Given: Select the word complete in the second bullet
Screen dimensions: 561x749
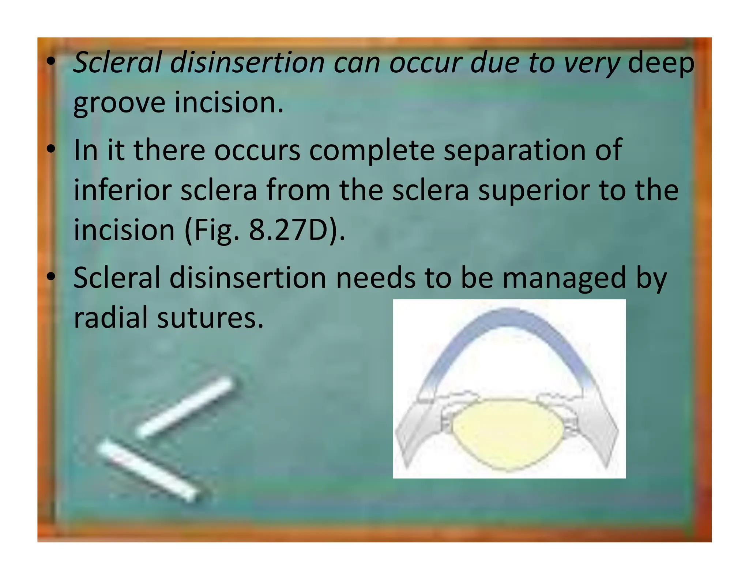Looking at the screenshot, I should point(372,150).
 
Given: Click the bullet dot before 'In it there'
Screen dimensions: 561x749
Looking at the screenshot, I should point(51,149).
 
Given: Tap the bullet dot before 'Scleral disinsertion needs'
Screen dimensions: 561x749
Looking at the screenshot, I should point(51,277).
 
